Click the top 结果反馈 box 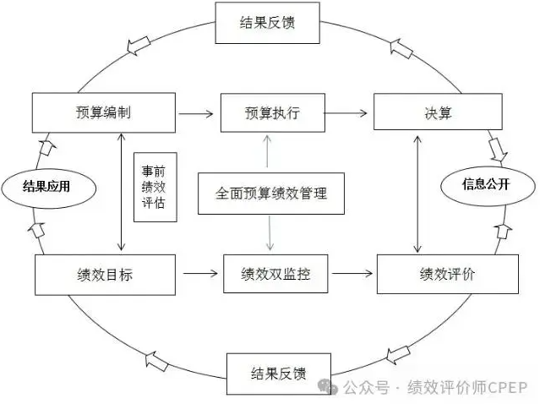point(267,23)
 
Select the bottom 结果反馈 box point(278,373)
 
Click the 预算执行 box point(272,112)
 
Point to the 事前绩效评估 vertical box point(155,186)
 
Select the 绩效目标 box point(105,274)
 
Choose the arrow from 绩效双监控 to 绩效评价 point(352,273)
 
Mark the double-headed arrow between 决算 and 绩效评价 point(417,193)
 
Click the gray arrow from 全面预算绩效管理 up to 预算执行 point(268,152)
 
